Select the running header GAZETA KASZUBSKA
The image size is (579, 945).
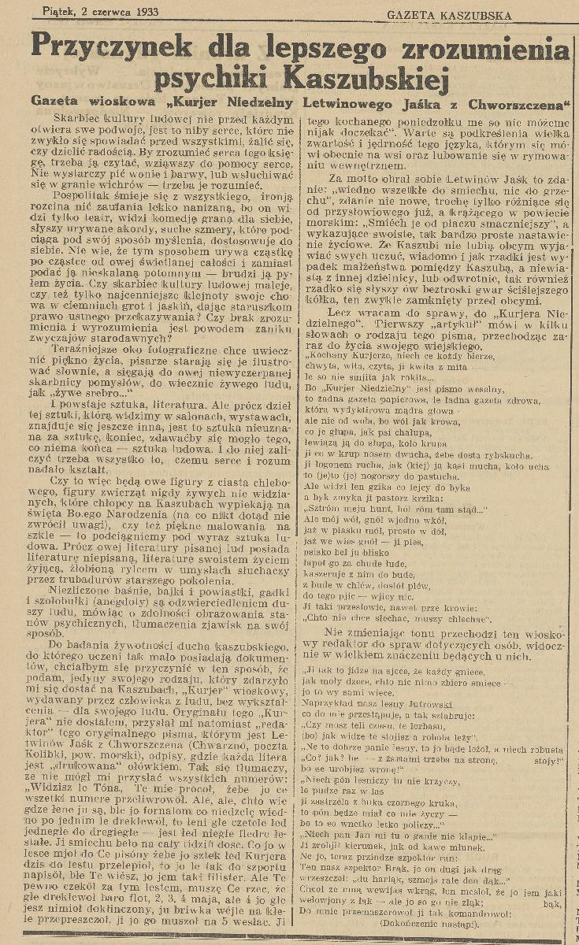(x=447, y=15)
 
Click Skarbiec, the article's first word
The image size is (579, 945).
(x=65, y=119)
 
